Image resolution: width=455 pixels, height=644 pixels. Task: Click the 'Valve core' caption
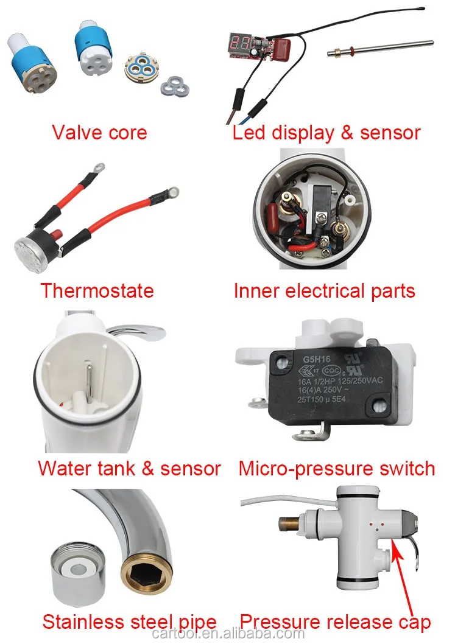pos(99,132)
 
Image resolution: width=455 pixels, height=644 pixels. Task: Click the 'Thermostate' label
pos(97,290)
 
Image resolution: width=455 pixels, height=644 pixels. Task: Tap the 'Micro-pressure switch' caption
pos(337,469)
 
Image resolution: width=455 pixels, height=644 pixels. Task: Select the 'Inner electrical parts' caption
pos(324,290)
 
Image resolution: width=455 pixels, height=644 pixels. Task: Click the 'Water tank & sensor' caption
pos(129,469)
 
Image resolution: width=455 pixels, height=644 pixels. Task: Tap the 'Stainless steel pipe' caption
pos(129,622)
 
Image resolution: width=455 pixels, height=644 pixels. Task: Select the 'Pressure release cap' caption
pos(335,622)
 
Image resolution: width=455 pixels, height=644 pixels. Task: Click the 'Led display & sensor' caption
pos(326,132)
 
